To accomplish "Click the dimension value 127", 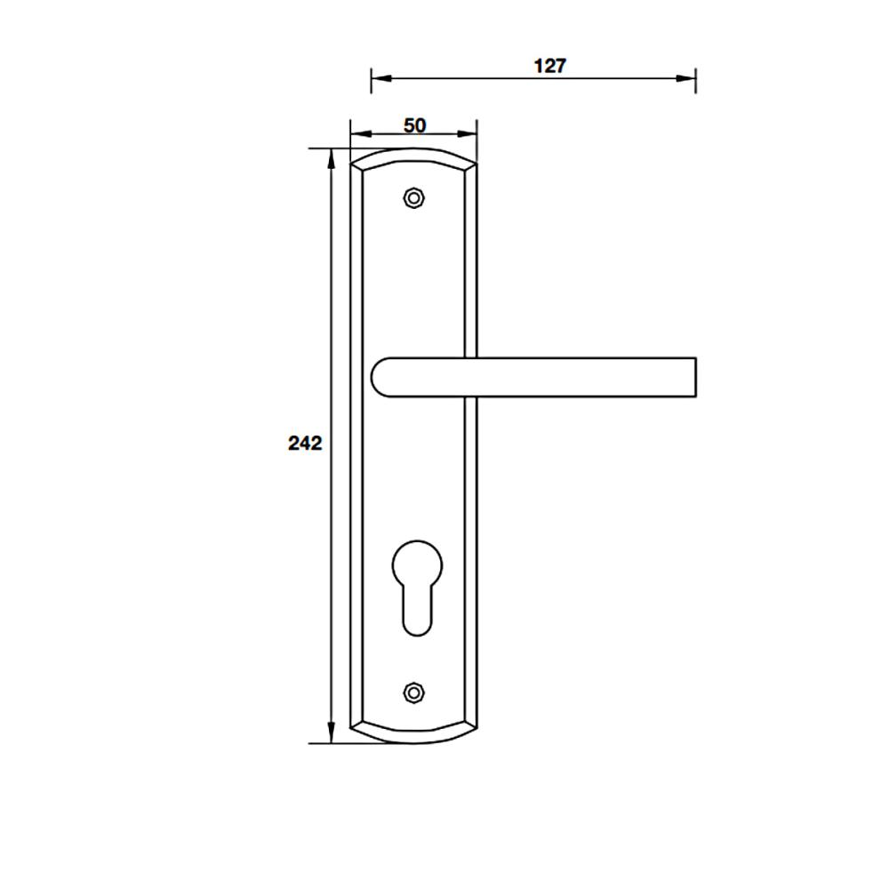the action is click(x=550, y=66).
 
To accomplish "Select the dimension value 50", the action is click(x=414, y=125).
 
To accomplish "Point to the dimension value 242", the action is click(x=305, y=443).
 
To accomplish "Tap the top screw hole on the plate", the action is click(x=414, y=198).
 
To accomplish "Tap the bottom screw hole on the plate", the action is click(x=414, y=693).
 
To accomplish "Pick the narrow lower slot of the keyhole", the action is click(x=417, y=610).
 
